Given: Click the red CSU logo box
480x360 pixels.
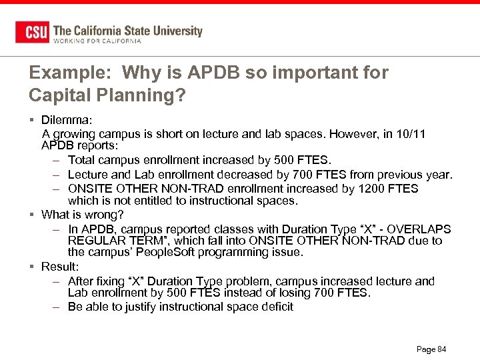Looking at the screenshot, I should click(x=32, y=32).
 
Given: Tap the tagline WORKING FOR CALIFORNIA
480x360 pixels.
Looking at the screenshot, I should click(x=97, y=41).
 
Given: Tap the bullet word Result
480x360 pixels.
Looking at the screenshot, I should click(x=60, y=267).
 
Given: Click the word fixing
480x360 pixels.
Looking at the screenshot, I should click(x=117, y=281).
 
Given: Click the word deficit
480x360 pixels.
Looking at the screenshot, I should click(x=275, y=307).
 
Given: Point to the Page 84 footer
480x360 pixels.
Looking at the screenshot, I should click(x=431, y=349).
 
